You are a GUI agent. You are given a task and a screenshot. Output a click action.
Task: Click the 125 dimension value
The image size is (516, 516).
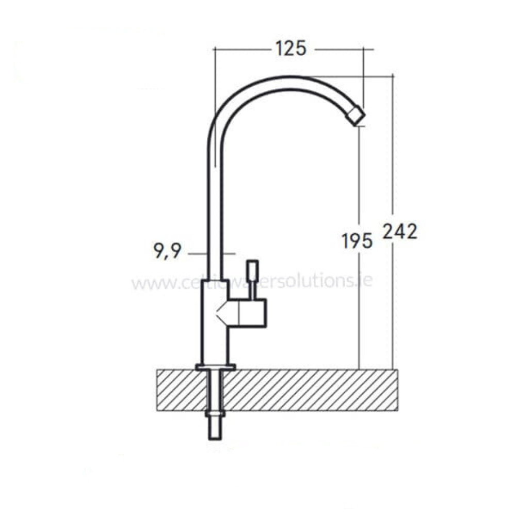291,49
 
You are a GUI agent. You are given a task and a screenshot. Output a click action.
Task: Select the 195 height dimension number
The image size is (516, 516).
357,240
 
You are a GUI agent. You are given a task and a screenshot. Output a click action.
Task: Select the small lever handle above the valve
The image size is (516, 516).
253,279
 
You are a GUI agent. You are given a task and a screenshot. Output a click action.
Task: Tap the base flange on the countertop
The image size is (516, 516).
215,367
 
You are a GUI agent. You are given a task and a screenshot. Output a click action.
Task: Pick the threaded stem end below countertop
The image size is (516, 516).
215,428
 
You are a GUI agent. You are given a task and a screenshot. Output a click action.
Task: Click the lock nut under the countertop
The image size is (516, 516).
215,413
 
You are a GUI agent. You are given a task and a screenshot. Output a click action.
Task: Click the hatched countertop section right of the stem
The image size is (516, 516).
310,390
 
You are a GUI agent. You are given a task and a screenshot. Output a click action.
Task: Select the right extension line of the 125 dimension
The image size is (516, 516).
363,77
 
